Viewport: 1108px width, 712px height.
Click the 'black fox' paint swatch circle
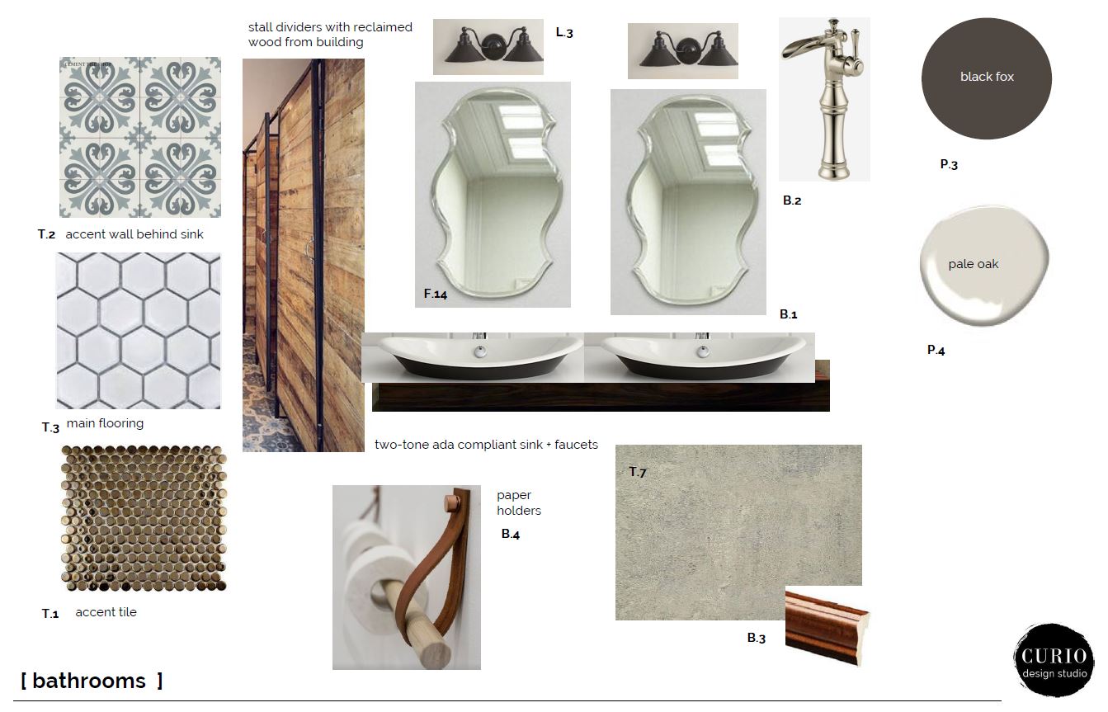pos(987,78)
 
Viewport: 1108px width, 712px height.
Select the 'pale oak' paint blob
pos(984,266)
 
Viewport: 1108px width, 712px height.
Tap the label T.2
pos(46,234)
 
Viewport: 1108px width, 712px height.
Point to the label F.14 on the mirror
pos(436,294)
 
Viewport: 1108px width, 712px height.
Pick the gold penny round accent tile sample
pos(144,518)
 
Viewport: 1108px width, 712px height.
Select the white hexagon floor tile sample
pos(139,331)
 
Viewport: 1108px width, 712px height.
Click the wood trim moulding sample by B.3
pos(827,627)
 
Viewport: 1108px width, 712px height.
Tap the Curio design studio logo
pos(1054,661)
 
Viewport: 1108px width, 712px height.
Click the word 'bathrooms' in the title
pos(89,681)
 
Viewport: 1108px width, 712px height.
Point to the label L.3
pos(564,33)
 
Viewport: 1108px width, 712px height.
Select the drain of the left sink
pos(480,351)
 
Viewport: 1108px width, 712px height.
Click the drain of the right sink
pos(702,351)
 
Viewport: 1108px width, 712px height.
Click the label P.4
pos(936,351)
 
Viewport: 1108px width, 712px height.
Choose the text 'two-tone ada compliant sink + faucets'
pos(486,445)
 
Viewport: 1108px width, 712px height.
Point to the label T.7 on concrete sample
pos(638,472)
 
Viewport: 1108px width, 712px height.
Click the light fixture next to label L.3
pos(488,47)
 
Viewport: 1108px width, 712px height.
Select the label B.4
pos(511,534)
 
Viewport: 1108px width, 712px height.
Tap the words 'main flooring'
pos(105,423)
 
